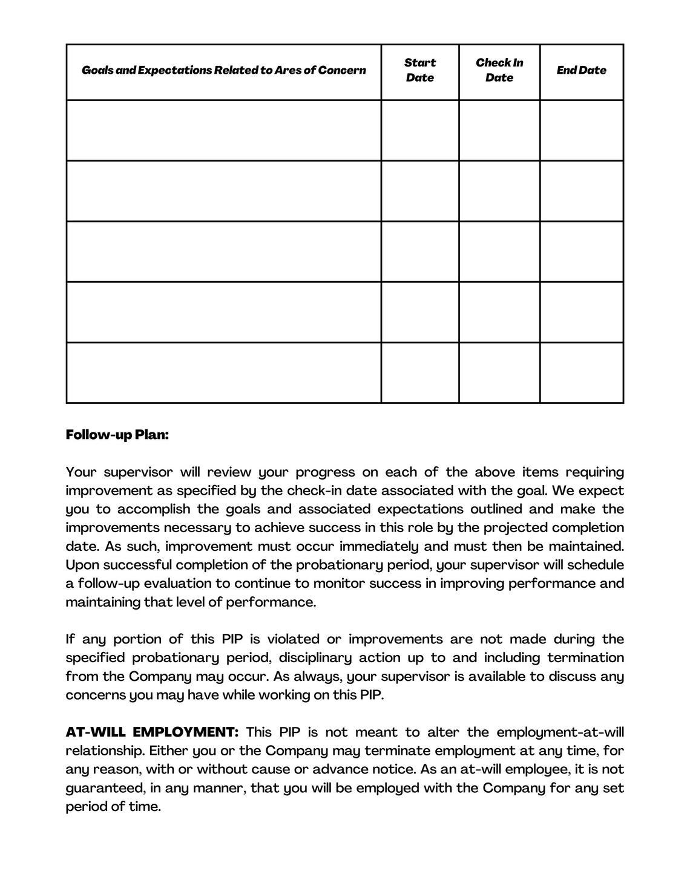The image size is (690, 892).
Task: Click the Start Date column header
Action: [x=419, y=70]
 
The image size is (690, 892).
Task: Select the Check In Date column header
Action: [x=499, y=70]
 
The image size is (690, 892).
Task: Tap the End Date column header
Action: [x=581, y=70]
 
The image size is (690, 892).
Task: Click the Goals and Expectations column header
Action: [x=223, y=70]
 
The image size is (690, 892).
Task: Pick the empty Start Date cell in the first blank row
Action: [x=419, y=130]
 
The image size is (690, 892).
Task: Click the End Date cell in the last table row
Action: [x=581, y=373]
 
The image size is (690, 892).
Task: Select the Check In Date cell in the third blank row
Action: [x=499, y=252]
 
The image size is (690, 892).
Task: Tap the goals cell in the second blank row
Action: [x=223, y=191]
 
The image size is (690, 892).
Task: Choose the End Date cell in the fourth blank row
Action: [x=581, y=312]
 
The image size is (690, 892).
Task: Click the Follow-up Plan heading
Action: [x=117, y=435]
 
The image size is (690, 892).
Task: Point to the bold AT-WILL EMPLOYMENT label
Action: [x=152, y=732]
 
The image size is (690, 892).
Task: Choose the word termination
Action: [x=585, y=658]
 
